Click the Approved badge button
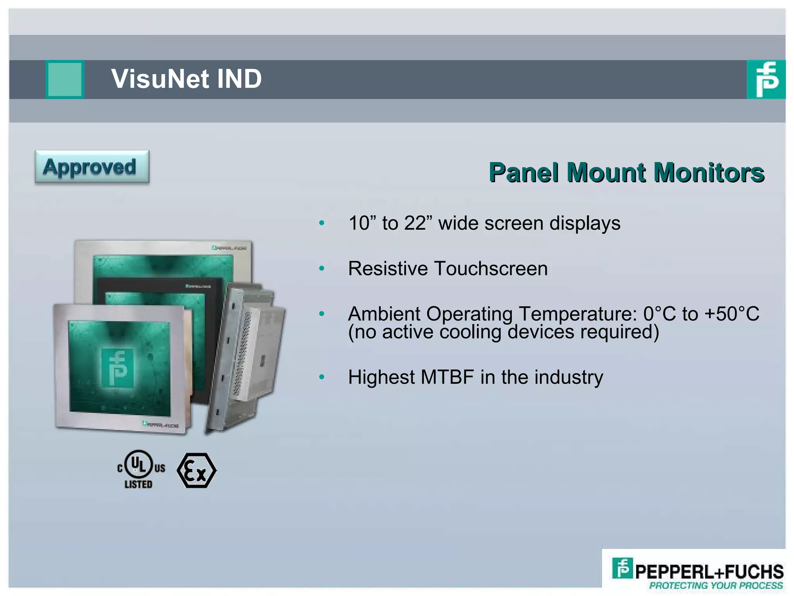click(92, 167)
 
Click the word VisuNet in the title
click(160, 79)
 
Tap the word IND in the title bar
click(239, 79)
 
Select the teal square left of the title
click(65, 79)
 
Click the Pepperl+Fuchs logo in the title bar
click(766, 80)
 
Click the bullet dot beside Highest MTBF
click(321, 377)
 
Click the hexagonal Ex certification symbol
click(197, 470)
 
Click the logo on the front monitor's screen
click(118, 367)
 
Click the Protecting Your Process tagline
click(716, 586)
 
